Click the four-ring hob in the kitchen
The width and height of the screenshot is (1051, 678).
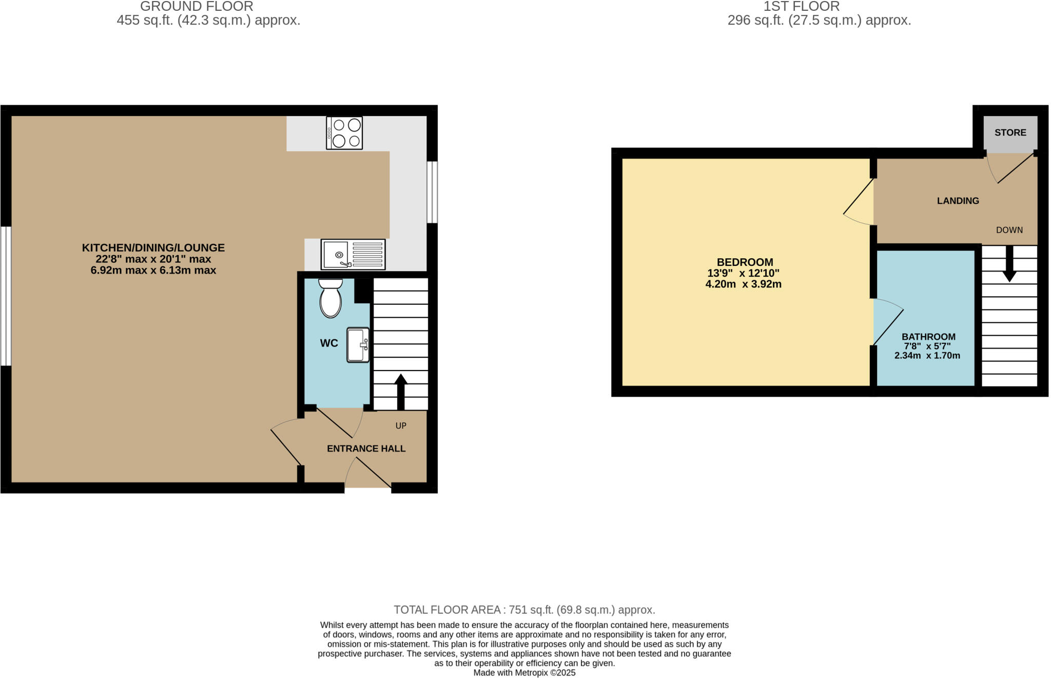coord(344,133)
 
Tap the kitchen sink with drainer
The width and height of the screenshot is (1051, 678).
coord(353,255)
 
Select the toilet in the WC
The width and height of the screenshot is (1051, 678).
coord(330,298)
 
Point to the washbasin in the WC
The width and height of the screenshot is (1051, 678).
coord(358,345)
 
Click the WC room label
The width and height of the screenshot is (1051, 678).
coord(329,343)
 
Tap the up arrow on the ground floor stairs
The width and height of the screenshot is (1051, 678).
coord(401,391)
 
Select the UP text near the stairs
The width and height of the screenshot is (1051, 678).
coord(401,425)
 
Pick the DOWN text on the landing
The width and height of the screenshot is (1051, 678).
coord(1009,230)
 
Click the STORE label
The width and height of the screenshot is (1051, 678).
coord(1010,132)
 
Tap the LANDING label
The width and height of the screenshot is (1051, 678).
coord(958,201)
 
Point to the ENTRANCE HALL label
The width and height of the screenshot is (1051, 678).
coord(366,449)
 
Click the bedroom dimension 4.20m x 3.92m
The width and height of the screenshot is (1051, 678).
coord(743,284)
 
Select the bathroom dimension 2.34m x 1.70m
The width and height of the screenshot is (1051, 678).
coord(927,356)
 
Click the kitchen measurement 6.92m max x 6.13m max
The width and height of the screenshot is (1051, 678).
coord(153,270)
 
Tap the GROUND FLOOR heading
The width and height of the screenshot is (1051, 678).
coord(197,7)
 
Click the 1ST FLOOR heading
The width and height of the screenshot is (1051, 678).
coord(801,7)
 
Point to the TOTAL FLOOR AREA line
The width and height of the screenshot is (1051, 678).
coord(524,610)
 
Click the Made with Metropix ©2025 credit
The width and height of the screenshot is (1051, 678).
coord(524,672)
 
